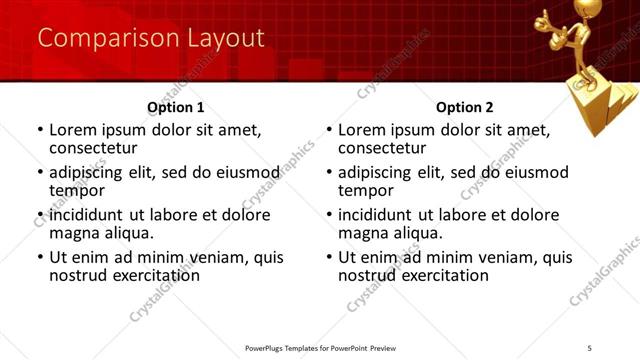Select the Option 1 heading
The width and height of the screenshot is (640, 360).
[x=175, y=107]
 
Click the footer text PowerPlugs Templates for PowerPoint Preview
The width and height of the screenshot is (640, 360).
[x=320, y=347]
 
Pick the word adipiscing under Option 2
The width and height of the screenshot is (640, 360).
[x=378, y=172]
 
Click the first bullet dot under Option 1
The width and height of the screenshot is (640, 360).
[x=39, y=130]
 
